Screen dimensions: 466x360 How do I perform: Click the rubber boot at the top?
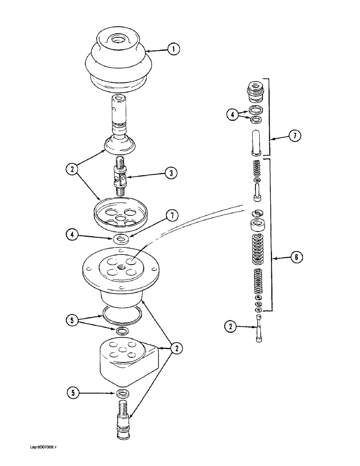click(116, 58)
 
